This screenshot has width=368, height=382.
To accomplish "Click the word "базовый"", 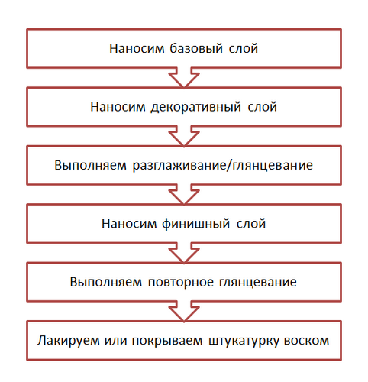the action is (x=196, y=48).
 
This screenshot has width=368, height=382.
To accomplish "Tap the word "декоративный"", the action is (x=195, y=107).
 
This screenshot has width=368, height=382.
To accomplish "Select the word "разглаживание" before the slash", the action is (x=179, y=165).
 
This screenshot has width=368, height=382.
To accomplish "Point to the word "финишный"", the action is (x=196, y=224).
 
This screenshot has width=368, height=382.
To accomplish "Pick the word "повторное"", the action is (x=181, y=282).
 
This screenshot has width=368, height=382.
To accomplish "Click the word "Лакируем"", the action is (x=68, y=341).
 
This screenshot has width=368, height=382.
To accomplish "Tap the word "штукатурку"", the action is (x=244, y=341).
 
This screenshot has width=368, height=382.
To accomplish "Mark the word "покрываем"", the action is (x=167, y=341).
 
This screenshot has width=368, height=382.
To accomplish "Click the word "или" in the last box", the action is (x=115, y=341).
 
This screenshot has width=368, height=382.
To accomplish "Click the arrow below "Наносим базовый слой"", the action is (x=184, y=78).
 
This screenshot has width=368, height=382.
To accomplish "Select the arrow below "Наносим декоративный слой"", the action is (x=184, y=136).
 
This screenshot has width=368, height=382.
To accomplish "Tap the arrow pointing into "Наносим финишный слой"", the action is (x=184, y=195).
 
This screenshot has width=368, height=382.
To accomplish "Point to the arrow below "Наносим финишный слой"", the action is (x=184, y=253).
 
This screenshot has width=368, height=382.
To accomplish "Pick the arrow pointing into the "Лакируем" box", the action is (x=184, y=311).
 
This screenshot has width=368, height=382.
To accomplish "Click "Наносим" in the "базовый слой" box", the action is (x=137, y=48).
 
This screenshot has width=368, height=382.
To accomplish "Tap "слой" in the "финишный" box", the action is (x=251, y=224).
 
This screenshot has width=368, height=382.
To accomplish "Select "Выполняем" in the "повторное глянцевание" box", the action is (x=106, y=282).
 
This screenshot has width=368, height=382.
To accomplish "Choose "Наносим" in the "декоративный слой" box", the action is (x=118, y=107).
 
